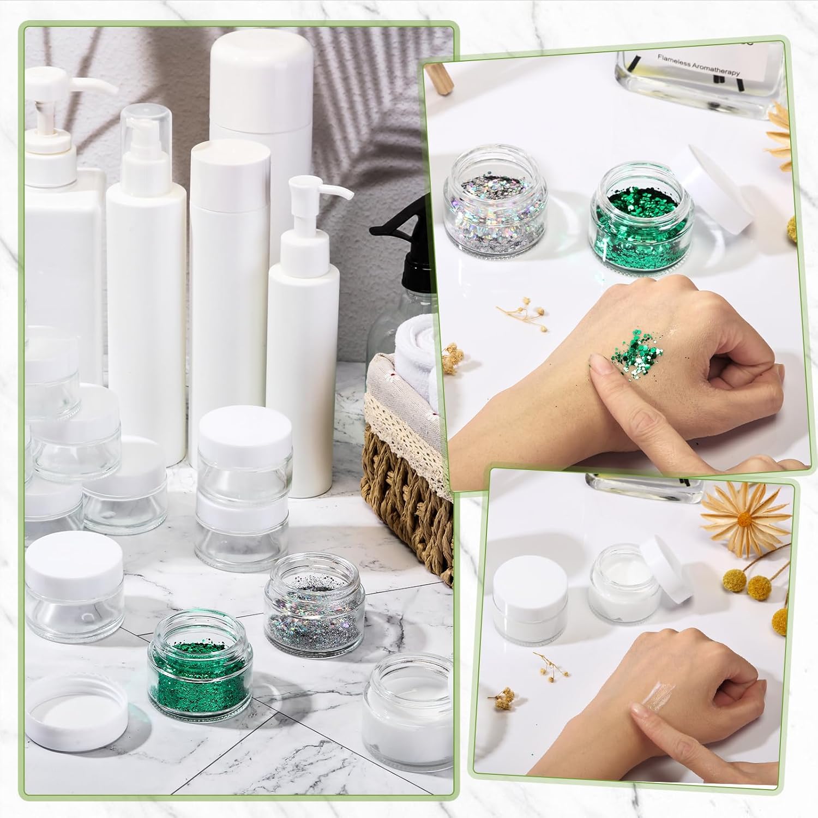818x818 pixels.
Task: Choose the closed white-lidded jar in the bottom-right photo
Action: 530,605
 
